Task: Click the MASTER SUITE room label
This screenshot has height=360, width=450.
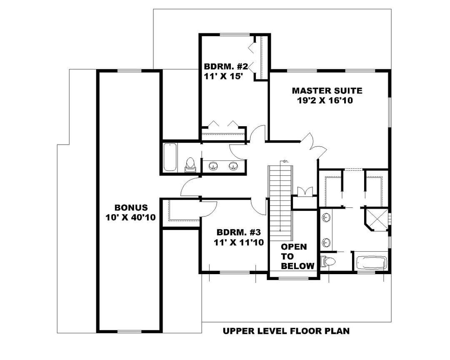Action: [327, 91]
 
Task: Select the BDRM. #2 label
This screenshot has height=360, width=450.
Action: [225, 67]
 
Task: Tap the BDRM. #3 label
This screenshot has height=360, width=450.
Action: [238, 232]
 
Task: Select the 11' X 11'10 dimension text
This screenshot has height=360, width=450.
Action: [239, 242]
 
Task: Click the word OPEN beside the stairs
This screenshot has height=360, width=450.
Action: [294, 247]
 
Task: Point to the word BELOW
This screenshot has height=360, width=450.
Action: [297, 266]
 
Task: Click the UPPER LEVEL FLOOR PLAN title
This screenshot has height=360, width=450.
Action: [286, 331]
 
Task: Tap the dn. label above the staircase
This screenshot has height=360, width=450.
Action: [285, 161]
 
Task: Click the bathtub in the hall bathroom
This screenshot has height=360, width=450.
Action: [170, 157]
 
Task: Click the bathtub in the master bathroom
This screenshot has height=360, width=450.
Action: [371, 262]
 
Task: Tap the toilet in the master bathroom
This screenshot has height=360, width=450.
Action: [328, 262]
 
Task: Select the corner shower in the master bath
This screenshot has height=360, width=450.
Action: [376, 219]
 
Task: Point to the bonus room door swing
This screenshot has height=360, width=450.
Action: [190, 187]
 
